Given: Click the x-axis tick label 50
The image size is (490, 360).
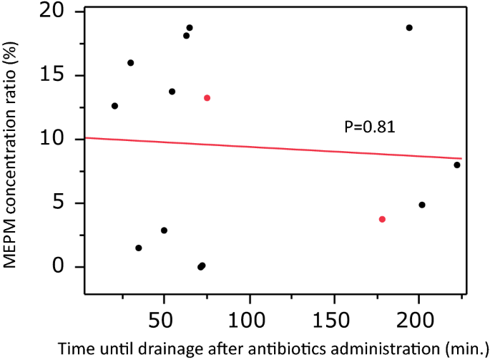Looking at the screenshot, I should (x=164, y=316).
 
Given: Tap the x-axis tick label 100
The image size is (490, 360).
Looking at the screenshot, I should (x=249, y=316).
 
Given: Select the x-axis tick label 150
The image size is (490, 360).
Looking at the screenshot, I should (x=333, y=316).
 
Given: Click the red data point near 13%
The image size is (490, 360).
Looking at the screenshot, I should (x=207, y=98).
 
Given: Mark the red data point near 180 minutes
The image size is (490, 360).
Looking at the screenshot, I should (x=383, y=219).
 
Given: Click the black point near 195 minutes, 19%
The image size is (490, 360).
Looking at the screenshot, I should (x=409, y=28).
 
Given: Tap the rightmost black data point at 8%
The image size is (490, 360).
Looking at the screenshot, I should (x=457, y=165).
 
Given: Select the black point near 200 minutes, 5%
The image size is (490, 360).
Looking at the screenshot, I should (x=422, y=205).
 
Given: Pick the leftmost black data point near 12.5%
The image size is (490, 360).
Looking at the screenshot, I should (x=114, y=106).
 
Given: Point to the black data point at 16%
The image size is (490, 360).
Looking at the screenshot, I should (x=131, y=63).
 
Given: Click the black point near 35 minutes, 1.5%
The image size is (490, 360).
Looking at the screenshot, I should (x=139, y=248).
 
